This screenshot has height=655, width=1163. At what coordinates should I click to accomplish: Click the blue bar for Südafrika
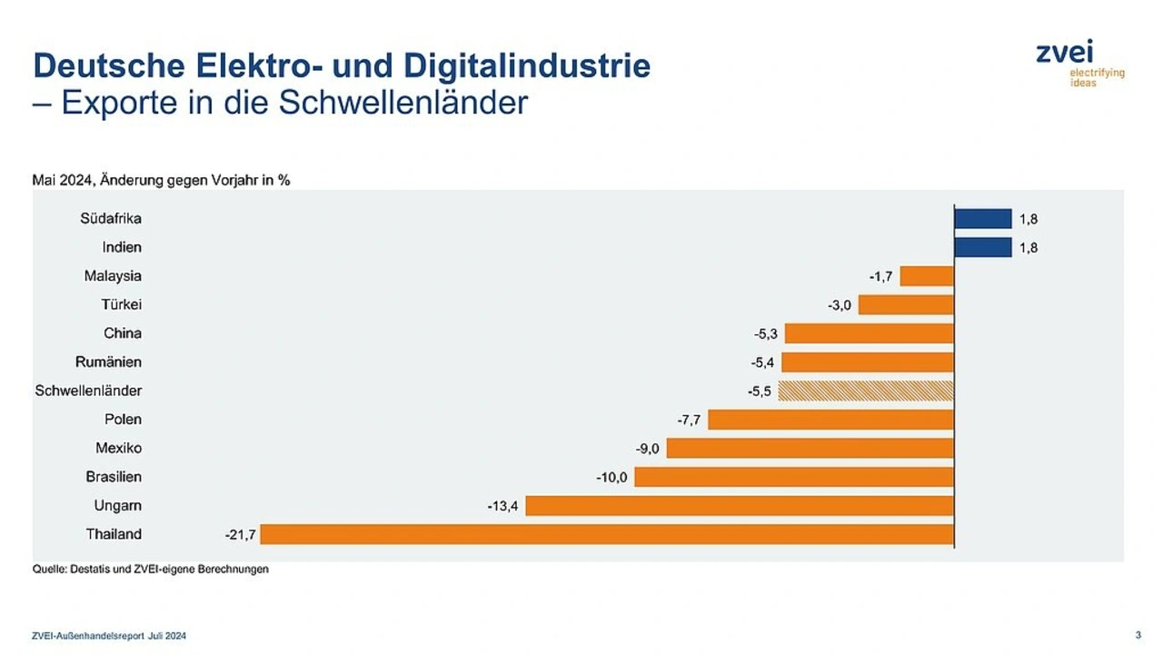[982, 219]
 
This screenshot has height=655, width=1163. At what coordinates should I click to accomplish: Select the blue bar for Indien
[982, 247]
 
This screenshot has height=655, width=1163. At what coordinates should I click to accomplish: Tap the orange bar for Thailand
[607, 534]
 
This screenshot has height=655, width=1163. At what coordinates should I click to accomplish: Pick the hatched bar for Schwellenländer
[866, 391]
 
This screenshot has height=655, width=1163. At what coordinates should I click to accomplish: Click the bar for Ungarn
[740, 506]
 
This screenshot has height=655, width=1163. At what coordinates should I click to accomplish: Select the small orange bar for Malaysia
[927, 276]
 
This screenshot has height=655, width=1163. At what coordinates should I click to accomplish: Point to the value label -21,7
[240, 534]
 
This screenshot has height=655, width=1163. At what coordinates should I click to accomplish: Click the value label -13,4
[502, 506]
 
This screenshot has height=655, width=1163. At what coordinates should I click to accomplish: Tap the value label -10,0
[611, 477]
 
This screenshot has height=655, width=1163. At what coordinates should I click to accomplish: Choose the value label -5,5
[759, 391]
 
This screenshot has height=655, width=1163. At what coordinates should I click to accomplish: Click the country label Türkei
[122, 304]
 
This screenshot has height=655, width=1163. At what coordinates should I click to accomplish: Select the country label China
[123, 333]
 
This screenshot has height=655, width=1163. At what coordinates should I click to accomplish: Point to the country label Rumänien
[109, 362]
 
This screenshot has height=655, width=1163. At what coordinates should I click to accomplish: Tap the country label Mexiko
[119, 448]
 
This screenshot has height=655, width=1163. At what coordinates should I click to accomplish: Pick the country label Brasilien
[114, 477]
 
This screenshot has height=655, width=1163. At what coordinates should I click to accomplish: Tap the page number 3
[1138, 634]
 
